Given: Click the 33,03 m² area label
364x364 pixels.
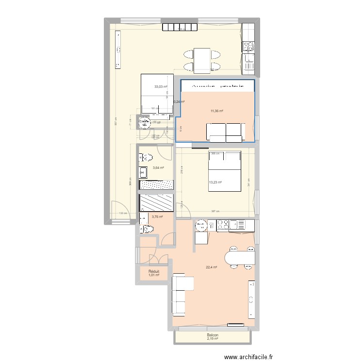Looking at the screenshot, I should (161, 87).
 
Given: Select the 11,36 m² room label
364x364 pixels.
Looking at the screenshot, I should (217, 111).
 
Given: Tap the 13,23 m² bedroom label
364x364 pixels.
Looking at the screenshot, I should (215, 182).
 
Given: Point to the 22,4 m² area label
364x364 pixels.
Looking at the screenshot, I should (212, 267).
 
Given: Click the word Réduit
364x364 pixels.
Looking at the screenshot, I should (154, 272).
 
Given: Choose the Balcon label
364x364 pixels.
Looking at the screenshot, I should (212, 335).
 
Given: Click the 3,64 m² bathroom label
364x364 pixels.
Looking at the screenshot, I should (158, 168).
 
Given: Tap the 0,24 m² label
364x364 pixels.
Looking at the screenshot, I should (179, 102).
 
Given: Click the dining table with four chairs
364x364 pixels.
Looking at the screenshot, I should (202, 60).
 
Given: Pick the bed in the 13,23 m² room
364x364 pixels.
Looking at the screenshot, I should (225, 171).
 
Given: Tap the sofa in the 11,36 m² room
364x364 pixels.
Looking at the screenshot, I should (225, 132).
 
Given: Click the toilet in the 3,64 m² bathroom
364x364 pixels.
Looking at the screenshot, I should (146, 157).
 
